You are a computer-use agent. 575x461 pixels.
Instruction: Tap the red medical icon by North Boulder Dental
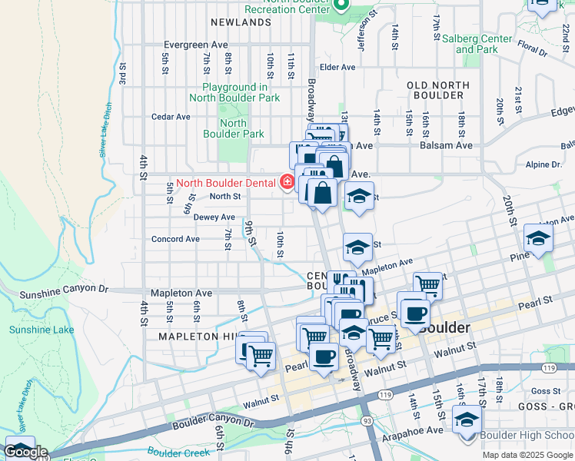click(287, 182)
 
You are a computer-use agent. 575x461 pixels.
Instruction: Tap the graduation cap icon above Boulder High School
click(467, 421)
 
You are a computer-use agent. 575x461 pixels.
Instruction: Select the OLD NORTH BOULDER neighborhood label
click(434, 90)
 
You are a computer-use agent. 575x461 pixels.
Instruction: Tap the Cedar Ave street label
click(171, 117)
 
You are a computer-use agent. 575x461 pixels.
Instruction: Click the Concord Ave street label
click(176, 239)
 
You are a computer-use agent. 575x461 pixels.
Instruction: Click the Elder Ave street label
click(337, 67)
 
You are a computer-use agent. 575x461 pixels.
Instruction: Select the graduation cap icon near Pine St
click(538, 237)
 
